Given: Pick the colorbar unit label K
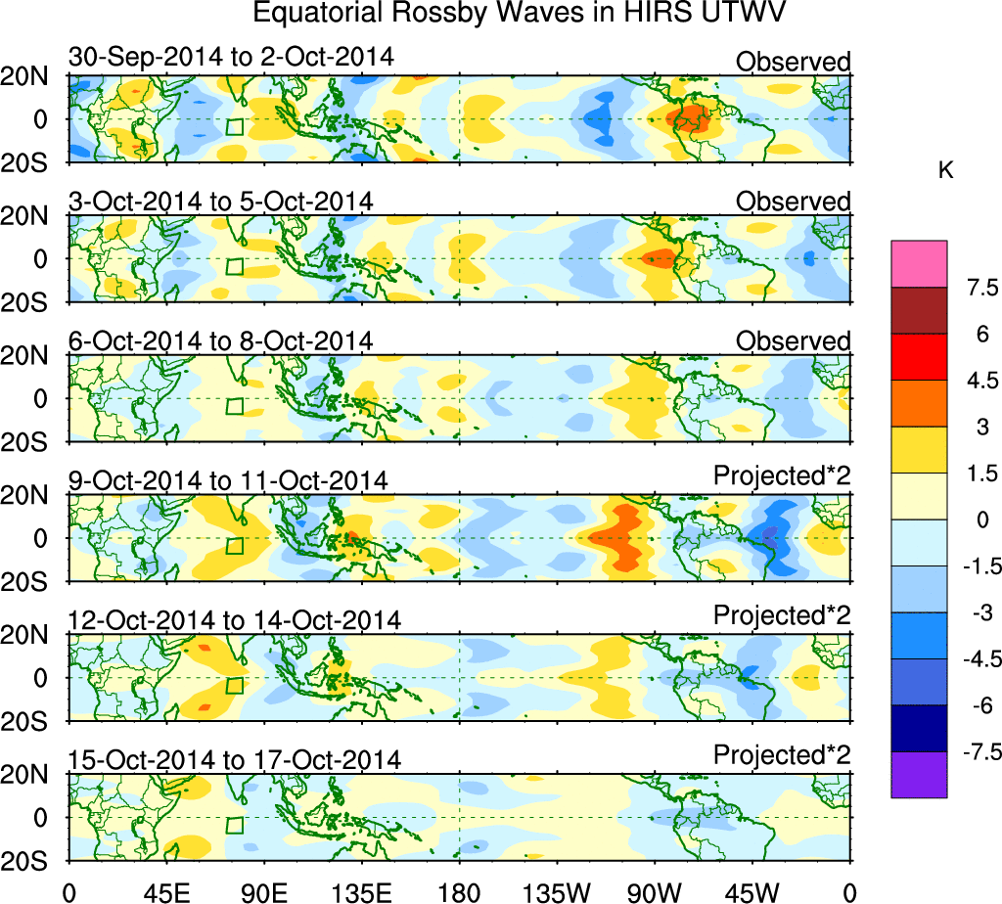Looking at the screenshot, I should pyautogui.click(x=945, y=170).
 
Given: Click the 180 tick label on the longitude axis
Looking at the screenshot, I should pyautogui.click(x=459, y=891).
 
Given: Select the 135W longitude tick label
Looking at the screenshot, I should pyautogui.click(x=556, y=891).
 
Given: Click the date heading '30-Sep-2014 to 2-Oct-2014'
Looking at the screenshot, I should pyautogui.click(x=231, y=58).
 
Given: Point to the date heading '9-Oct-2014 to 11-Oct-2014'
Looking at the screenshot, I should pyautogui.click(x=228, y=480).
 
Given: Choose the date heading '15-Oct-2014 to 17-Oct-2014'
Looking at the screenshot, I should pyautogui.click(x=234, y=760).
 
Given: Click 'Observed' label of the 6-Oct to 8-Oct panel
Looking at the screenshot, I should pyautogui.click(x=794, y=341).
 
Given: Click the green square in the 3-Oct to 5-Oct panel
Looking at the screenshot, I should pyautogui.click(x=233, y=266).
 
